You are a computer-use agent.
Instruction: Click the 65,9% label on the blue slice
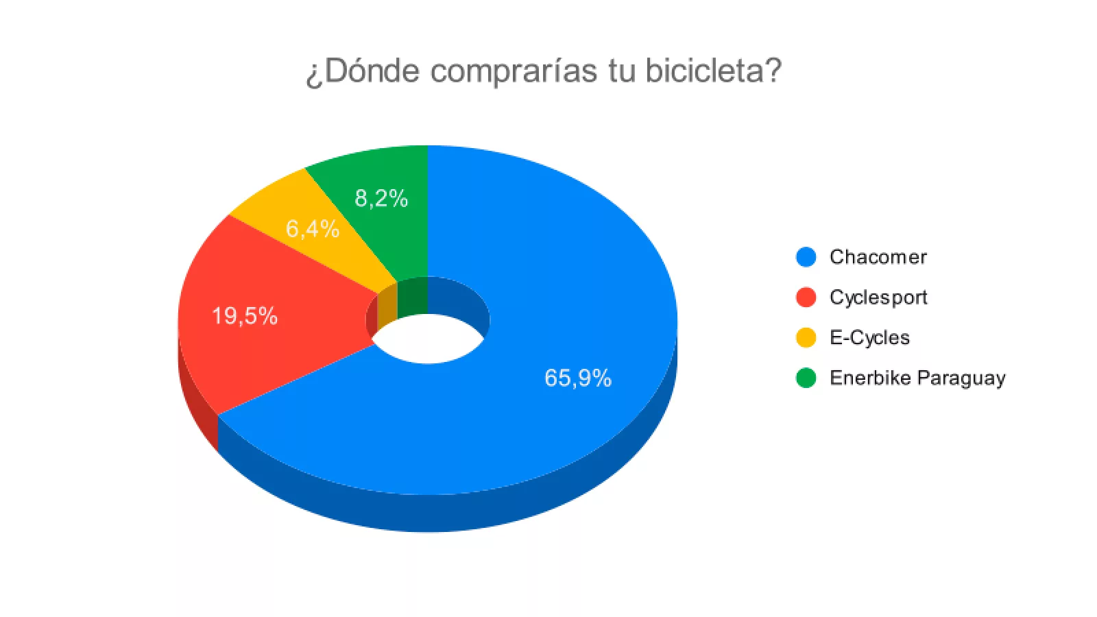(577, 378)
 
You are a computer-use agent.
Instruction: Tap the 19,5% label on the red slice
(245, 316)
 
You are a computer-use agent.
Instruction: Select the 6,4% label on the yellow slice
(312, 229)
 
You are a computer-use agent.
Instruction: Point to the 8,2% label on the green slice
(381, 199)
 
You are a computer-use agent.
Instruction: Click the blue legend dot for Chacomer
(806, 257)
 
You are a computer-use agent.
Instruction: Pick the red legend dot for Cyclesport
(806, 298)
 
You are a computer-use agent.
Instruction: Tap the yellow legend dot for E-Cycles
(806, 338)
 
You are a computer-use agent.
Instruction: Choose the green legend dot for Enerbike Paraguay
(806, 378)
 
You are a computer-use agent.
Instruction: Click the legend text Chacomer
(878, 257)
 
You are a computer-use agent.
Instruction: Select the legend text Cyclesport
(878, 298)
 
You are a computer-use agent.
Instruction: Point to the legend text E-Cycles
(869, 338)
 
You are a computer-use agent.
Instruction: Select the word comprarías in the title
(514, 71)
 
